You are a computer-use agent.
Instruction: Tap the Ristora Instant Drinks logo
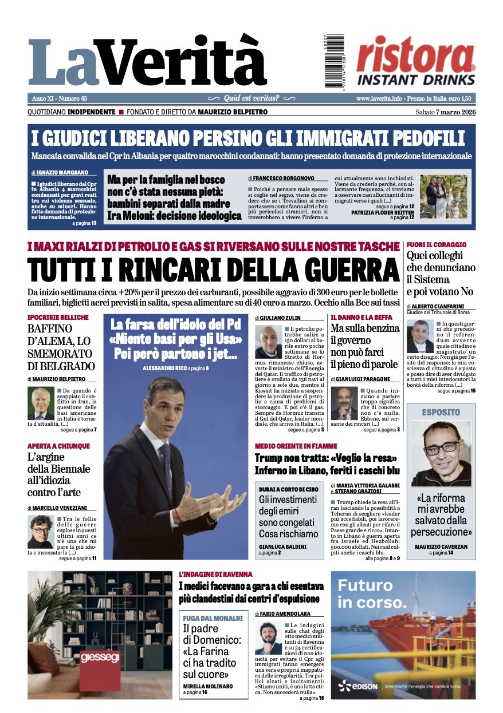(416, 60)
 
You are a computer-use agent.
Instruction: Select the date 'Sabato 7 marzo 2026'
(445, 112)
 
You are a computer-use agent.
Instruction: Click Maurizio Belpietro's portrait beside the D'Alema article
(41, 403)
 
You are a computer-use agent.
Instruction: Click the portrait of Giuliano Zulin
(268, 342)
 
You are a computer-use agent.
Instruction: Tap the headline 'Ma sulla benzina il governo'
(364, 335)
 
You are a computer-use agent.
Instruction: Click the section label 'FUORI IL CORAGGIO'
(436, 245)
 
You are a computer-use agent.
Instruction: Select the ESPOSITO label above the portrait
(441, 412)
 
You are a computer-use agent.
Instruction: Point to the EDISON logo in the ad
(358, 686)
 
